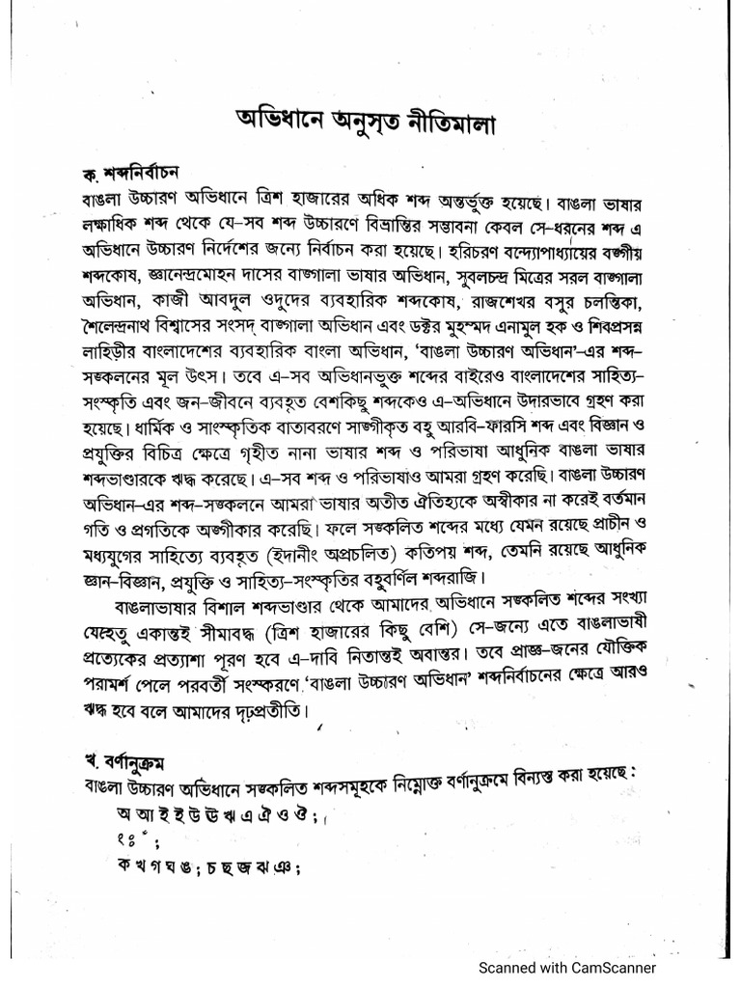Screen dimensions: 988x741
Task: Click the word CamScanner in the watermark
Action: pos(614,968)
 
